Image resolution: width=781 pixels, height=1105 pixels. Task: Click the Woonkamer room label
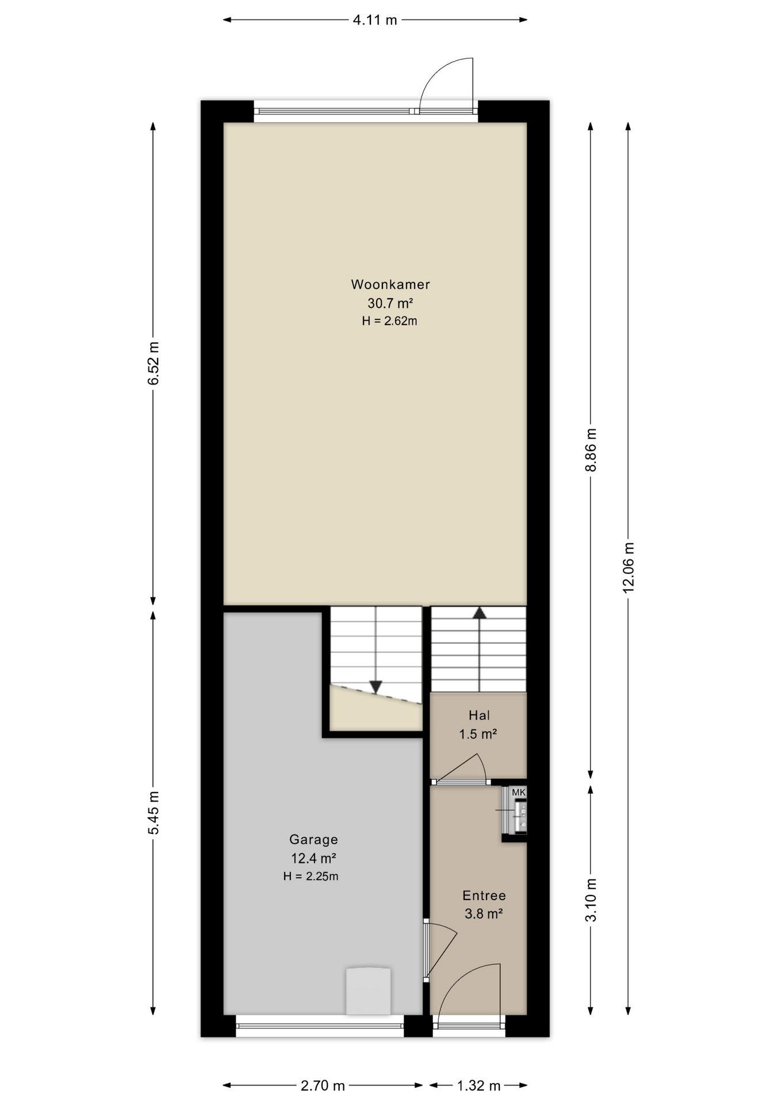390,284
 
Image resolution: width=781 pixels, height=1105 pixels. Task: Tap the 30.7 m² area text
390,303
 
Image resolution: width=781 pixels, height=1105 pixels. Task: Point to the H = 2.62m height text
389,321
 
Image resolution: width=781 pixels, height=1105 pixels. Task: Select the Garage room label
313,840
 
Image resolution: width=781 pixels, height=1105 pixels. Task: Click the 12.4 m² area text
313,858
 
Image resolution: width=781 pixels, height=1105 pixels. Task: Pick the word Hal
479,715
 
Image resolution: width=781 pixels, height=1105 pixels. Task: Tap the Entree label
484,896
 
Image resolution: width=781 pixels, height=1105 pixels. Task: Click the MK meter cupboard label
519,792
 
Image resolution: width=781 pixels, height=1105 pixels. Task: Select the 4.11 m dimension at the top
375,20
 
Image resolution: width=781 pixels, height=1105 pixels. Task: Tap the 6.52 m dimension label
153,364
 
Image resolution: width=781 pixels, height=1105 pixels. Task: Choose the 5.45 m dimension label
153,813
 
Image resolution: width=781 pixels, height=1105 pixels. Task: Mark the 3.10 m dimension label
591,900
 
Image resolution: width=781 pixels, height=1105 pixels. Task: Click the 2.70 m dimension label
323,1085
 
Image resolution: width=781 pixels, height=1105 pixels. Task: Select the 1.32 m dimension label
478,1085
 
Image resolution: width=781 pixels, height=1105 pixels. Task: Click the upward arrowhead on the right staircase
479,612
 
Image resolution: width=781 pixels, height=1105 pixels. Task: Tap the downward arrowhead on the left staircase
376,687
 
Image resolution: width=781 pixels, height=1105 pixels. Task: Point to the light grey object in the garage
369,990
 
